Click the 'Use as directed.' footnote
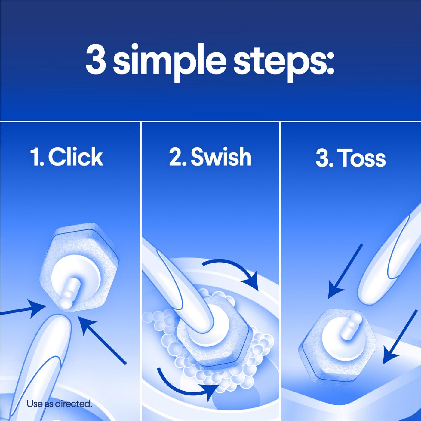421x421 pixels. point(59,404)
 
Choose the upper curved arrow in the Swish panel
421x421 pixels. point(232,271)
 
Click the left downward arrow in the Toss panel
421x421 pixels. point(344,272)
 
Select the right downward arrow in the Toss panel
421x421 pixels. point(400,337)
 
